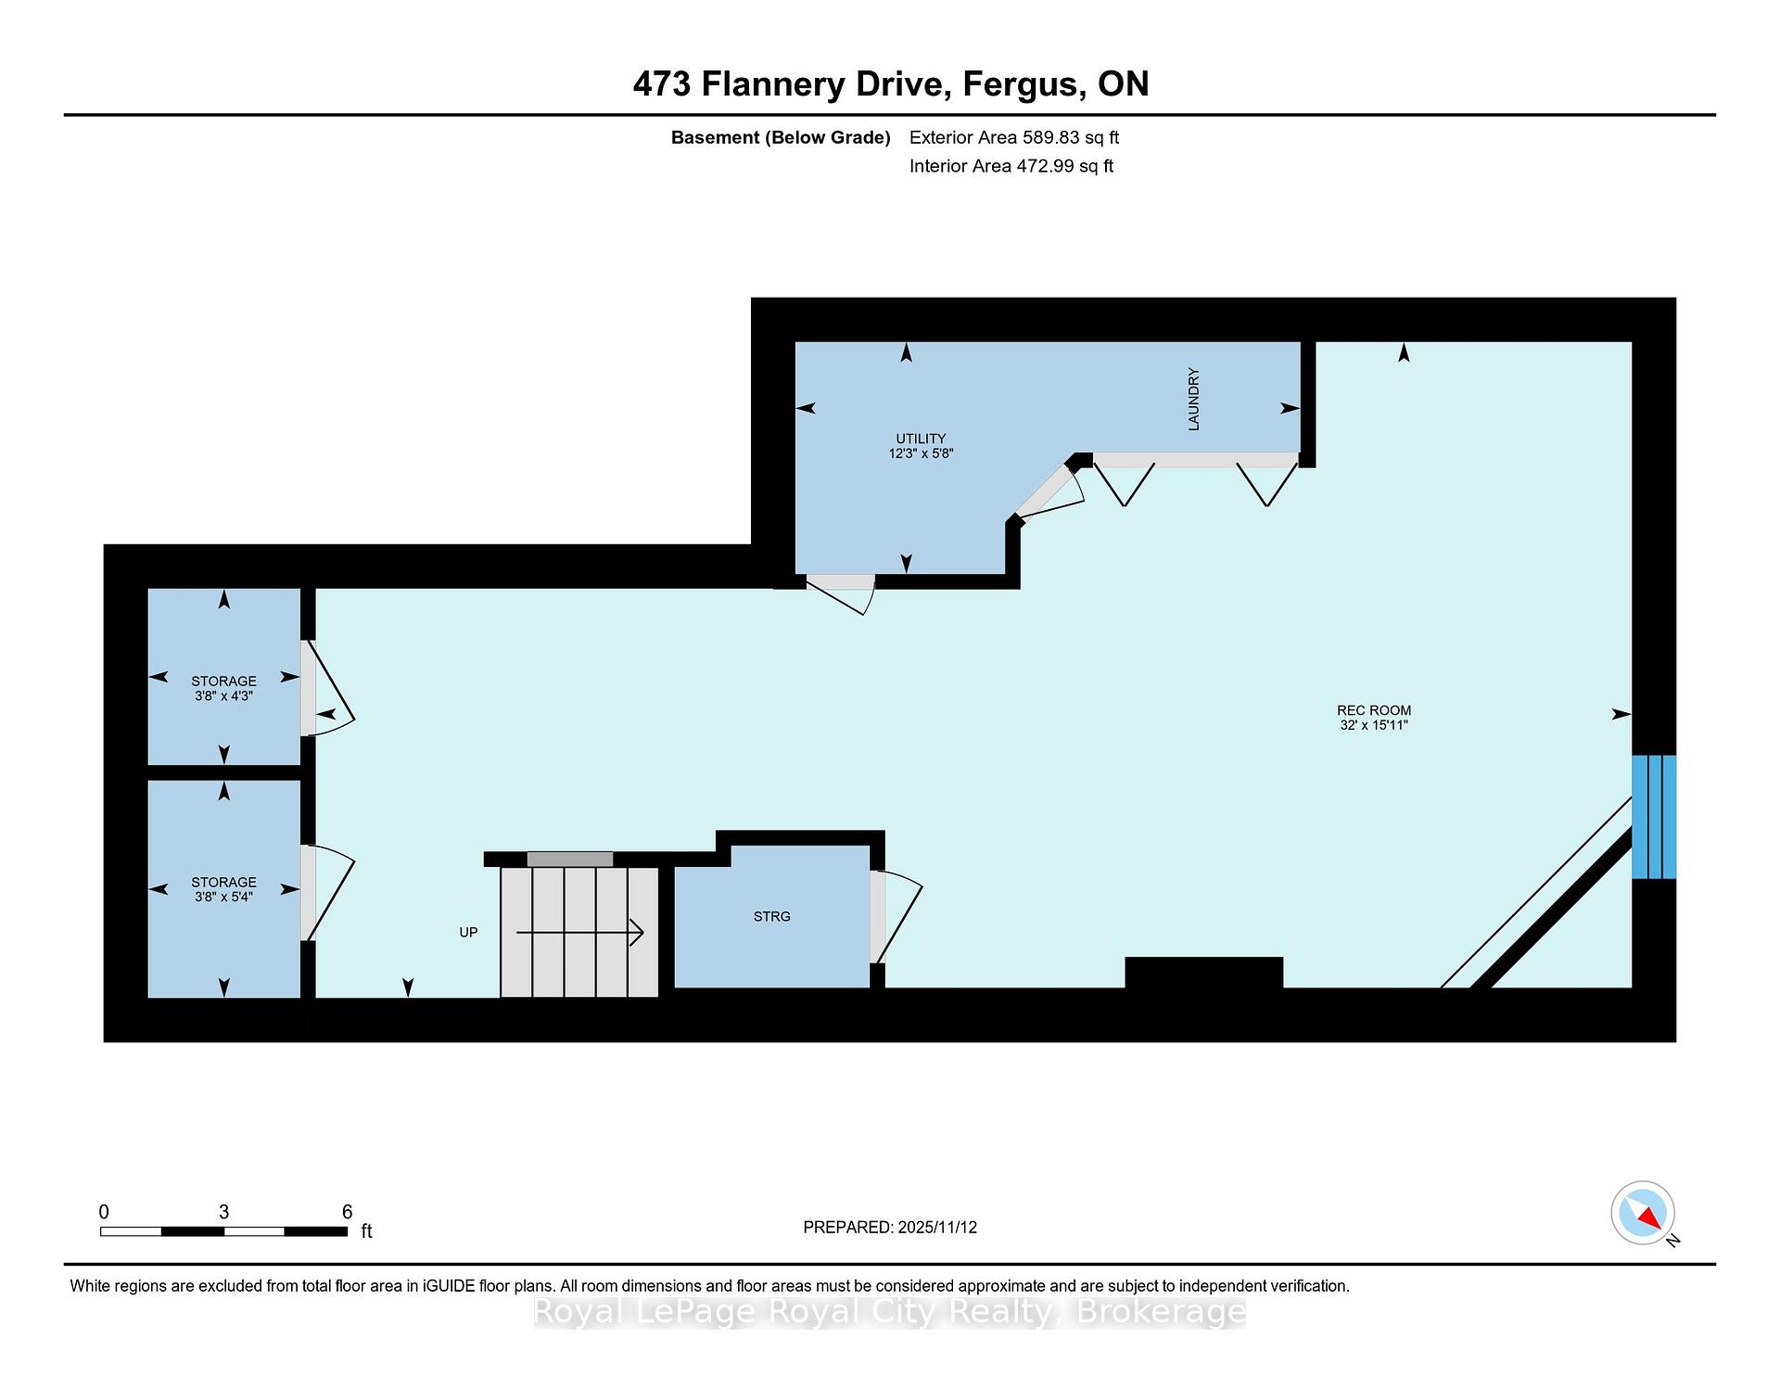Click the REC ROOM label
click(x=1374, y=711)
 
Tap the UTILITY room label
click(x=921, y=439)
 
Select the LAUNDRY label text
click(x=1194, y=399)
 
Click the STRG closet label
click(x=772, y=916)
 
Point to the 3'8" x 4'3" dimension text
click(x=223, y=695)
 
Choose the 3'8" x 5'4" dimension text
click(x=223, y=897)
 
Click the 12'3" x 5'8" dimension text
click(x=921, y=453)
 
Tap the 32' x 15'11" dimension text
click(x=1374, y=725)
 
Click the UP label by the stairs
click(x=468, y=932)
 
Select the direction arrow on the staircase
click(x=579, y=932)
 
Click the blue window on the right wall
click(x=1654, y=817)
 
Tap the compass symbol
click(x=1643, y=1213)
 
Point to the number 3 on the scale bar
click(x=223, y=1212)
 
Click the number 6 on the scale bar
click(x=348, y=1212)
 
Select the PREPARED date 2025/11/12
click(x=937, y=1228)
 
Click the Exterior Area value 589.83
click(x=1050, y=137)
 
